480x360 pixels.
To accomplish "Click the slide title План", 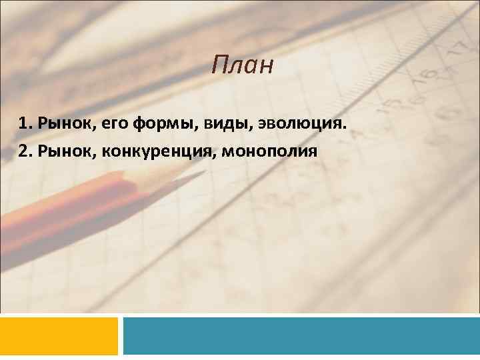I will point(243,66).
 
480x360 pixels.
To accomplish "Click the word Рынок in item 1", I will point(60,123).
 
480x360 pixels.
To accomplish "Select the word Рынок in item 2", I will point(60,151).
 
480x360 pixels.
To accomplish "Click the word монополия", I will point(269,151).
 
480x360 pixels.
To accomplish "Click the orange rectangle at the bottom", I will point(59,335).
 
